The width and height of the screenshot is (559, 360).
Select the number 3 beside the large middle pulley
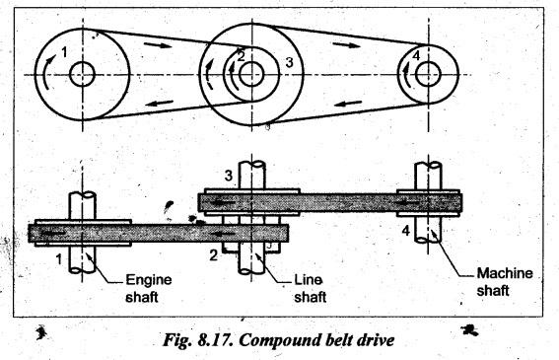(x=289, y=62)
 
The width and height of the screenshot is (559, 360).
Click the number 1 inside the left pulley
(x=64, y=52)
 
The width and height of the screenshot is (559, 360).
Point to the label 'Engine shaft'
(x=149, y=288)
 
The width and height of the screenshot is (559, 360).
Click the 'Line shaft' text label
(x=311, y=288)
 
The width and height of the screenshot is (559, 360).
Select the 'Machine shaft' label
(x=505, y=282)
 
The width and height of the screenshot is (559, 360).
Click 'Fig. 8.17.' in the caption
(x=198, y=340)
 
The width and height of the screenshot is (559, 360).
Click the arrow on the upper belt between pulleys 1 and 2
(x=158, y=45)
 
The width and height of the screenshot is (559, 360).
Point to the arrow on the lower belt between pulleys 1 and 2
(x=160, y=104)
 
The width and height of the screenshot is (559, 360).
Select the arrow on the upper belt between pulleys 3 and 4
(x=346, y=44)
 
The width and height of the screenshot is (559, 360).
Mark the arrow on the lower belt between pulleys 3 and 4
(x=348, y=104)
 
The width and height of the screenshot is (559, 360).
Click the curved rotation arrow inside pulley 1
(x=46, y=71)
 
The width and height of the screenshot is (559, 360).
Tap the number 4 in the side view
(x=406, y=231)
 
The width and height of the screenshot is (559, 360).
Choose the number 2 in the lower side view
(x=213, y=255)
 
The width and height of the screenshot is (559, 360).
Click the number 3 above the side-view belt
(x=229, y=176)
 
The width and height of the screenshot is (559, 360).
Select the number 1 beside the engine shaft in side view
(x=59, y=259)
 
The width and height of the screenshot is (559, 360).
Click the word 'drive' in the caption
(x=375, y=340)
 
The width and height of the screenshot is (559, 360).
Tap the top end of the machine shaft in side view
(x=428, y=165)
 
